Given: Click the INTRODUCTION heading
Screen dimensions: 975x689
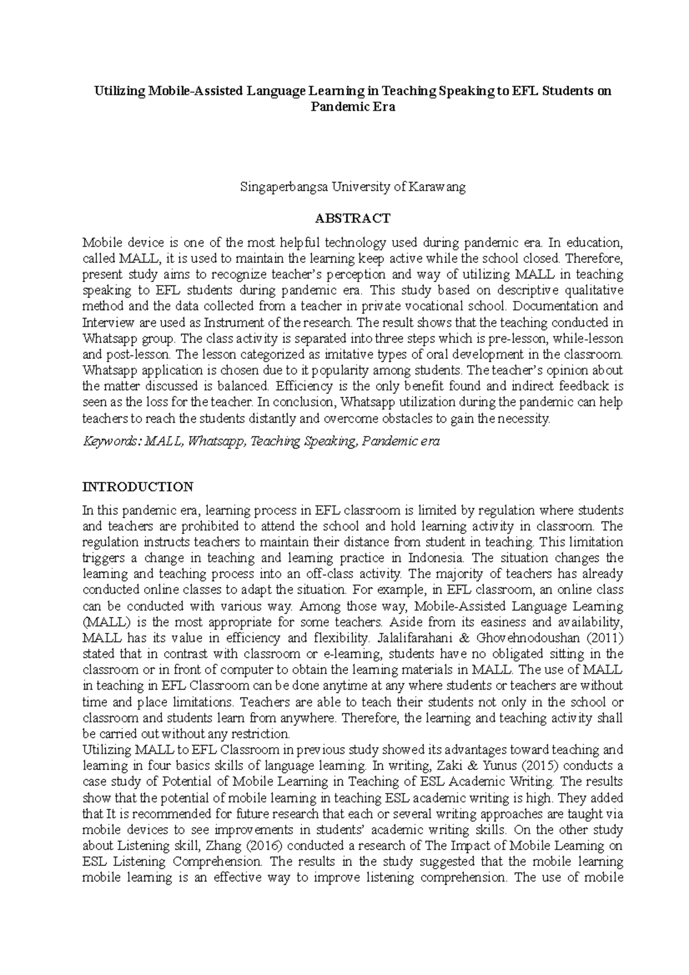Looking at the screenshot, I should (138, 487).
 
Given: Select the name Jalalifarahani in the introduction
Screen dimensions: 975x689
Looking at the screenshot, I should (421, 638).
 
